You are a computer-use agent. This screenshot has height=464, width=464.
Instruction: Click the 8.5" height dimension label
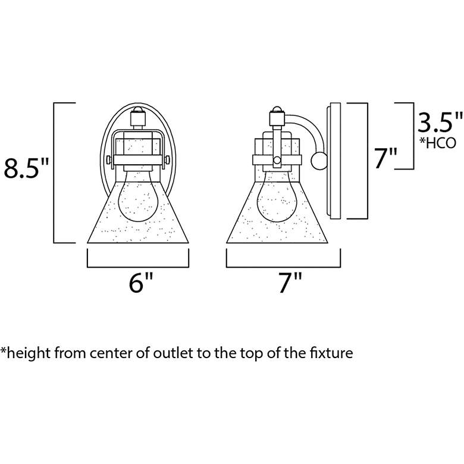click(x=26, y=168)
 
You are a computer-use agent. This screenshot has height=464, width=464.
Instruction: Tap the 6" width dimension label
click(x=141, y=283)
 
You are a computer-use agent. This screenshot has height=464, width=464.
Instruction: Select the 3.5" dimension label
click(x=440, y=121)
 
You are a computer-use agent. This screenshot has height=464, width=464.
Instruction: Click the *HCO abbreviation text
click(x=437, y=143)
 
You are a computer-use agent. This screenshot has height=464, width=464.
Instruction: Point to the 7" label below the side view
click(x=290, y=283)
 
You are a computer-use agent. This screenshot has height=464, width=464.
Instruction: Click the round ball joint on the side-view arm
click(x=319, y=161)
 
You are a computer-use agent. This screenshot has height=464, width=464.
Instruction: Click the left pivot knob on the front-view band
click(x=109, y=160)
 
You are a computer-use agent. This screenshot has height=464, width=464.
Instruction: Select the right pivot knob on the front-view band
click(x=167, y=160)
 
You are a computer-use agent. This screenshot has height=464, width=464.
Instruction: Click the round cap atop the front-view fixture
click(x=138, y=109)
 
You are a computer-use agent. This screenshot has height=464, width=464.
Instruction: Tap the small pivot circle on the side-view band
click(x=277, y=160)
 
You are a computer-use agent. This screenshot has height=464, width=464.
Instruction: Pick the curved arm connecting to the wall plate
click(x=306, y=131)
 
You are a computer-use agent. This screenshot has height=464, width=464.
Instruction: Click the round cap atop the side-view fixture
click(x=277, y=109)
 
